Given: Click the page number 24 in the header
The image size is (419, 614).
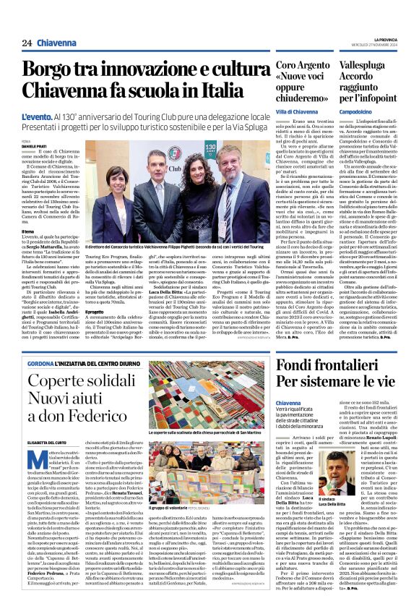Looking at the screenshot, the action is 26,43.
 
